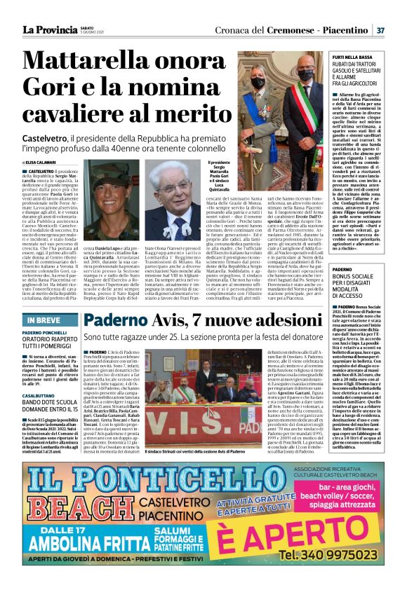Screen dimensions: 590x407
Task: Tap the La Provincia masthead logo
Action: (48, 30)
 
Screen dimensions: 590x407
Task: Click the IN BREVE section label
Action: (44, 320)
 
